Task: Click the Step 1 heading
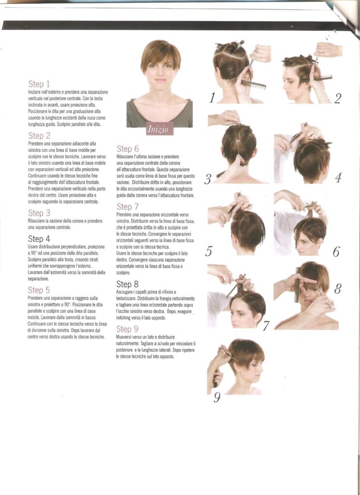click(x=39, y=84)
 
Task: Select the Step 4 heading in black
click(x=39, y=239)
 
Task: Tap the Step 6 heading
click(x=128, y=149)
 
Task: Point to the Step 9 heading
click(x=127, y=329)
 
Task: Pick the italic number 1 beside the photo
click(x=212, y=98)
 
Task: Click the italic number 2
click(x=337, y=99)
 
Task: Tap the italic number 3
click(x=207, y=179)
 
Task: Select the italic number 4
click(x=338, y=178)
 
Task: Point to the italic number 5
click(x=208, y=251)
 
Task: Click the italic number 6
click(x=336, y=252)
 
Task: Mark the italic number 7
click(x=266, y=325)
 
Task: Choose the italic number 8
click(x=337, y=288)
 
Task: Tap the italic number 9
click(x=216, y=397)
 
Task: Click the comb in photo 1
click(x=253, y=84)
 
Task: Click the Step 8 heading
click(x=127, y=284)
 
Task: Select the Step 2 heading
click(x=39, y=136)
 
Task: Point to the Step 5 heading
click(x=39, y=290)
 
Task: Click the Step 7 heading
click(x=128, y=207)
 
